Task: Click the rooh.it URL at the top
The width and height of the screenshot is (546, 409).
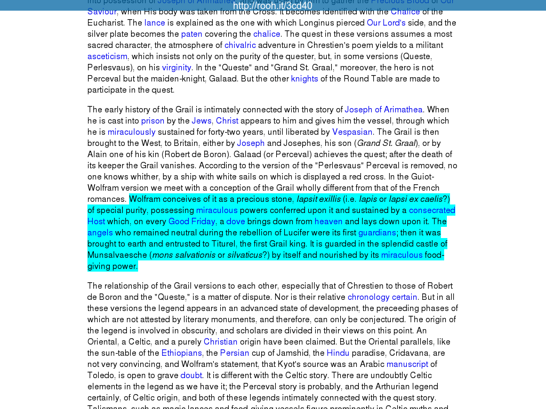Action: (x=272, y=6)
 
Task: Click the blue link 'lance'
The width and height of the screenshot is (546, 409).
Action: (x=155, y=23)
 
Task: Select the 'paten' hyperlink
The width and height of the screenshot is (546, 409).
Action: (x=191, y=34)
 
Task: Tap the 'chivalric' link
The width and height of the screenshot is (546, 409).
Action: (x=240, y=45)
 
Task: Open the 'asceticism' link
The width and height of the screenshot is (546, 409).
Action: (x=107, y=56)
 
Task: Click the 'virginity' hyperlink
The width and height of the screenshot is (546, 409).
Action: (x=176, y=68)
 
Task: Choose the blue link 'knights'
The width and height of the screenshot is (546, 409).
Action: (x=304, y=79)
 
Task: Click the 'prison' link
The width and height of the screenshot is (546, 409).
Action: (x=152, y=121)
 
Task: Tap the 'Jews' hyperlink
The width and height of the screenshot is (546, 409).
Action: (x=202, y=121)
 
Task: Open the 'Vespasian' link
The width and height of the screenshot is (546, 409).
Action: (x=352, y=132)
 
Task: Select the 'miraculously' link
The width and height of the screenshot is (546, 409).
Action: (x=132, y=132)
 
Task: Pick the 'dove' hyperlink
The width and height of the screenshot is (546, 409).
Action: (x=235, y=222)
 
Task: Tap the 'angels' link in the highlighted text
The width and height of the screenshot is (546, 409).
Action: (x=100, y=233)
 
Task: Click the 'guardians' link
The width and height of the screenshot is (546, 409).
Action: (x=377, y=233)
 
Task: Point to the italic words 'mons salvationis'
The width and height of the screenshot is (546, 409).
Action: (x=184, y=255)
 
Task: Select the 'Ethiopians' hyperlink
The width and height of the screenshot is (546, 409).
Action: (x=181, y=353)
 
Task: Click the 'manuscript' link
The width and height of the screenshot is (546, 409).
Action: (x=407, y=364)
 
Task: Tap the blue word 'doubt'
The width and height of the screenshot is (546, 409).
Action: (x=191, y=375)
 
